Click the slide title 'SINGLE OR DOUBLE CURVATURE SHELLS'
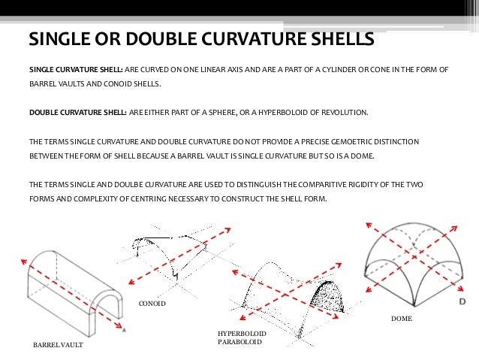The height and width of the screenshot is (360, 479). (x=200, y=38)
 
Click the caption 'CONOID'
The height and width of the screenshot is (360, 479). (x=152, y=304)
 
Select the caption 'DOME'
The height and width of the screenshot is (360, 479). (x=402, y=319)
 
